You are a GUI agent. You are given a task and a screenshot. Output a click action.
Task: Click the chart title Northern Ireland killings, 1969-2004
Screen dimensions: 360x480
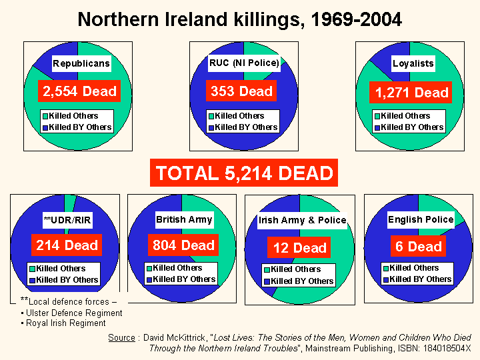point(240,19)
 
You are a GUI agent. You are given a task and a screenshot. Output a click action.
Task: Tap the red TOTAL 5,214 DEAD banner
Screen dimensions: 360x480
point(244,173)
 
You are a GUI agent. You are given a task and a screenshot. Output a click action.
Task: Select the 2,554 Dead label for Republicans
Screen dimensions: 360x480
point(79,91)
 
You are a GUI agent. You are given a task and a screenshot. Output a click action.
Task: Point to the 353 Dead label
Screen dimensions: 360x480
point(242,91)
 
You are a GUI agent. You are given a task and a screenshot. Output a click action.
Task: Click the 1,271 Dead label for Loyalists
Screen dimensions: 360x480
point(411,92)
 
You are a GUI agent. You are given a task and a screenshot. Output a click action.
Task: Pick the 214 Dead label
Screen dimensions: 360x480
point(67,245)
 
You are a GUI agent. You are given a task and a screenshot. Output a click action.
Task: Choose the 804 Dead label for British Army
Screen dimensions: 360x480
point(183,245)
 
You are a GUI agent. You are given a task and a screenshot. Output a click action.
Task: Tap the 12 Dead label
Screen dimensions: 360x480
point(300,248)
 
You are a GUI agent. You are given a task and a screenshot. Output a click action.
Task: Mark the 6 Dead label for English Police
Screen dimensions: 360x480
point(419,247)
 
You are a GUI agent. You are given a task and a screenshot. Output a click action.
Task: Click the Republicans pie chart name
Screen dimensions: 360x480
point(81,64)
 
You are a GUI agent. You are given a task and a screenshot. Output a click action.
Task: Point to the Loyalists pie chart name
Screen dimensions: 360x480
point(413,63)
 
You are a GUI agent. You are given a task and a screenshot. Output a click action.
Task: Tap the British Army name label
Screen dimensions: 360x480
point(184,219)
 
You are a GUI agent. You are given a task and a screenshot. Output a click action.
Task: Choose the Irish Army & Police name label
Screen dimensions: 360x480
point(303,220)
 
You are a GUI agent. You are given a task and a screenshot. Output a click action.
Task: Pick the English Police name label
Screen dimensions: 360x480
point(421,219)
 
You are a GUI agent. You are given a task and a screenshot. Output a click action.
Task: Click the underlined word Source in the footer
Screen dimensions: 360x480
point(121,338)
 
